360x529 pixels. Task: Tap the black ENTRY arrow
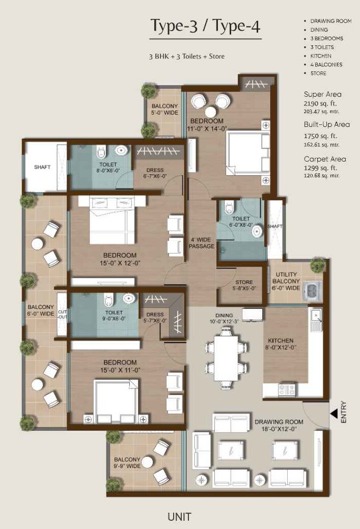[x=334, y=413]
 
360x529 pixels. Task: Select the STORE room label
[x=244, y=285]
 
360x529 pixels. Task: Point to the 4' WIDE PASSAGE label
[x=202, y=243]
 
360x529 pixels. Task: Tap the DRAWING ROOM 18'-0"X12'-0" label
[x=279, y=425]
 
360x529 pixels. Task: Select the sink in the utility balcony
[x=310, y=290]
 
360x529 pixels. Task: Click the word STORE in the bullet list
[x=318, y=73]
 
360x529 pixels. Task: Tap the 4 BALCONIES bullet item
[x=326, y=65]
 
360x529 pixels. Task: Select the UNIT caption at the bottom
[x=179, y=517]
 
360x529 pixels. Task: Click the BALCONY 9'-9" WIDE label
[x=127, y=462]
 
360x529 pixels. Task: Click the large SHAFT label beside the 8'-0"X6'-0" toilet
[x=42, y=167]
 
